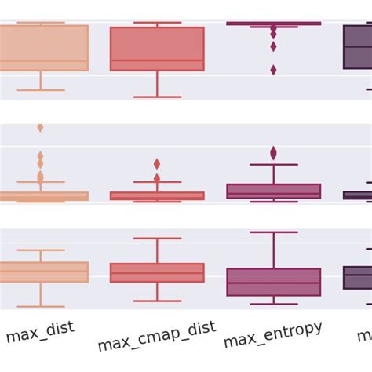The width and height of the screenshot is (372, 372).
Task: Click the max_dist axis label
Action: (x=40, y=332)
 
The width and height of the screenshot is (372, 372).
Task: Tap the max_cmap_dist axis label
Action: (x=156, y=336)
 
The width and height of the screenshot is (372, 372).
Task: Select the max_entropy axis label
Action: (x=272, y=334)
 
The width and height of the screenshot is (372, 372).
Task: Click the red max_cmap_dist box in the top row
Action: (x=157, y=49)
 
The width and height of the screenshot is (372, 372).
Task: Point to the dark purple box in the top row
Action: (x=358, y=46)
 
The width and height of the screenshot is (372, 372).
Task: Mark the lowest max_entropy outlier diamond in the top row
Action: (x=273, y=70)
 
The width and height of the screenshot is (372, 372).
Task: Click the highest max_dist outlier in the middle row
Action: (x=40, y=128)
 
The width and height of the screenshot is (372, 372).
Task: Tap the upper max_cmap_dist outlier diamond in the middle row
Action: (x=157, y=164)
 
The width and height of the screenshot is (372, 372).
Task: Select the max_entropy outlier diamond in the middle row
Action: (x=273, y=152)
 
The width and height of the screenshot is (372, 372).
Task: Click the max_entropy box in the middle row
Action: (x=273, y=191)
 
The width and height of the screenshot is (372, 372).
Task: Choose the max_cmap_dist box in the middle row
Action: (x=157, y=195)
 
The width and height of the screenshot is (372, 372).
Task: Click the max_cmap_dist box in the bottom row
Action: (x=157, y=272)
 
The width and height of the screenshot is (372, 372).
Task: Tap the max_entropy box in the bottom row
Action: (x=273, y=282)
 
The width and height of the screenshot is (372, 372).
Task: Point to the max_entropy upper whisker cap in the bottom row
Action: (x=273, y=232)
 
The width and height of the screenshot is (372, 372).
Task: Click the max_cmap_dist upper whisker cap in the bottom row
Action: (x=157, y=238)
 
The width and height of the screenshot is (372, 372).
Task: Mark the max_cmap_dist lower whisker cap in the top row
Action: (x=157, y=97)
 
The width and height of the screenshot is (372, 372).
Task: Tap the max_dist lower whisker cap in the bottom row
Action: (x=41, y=305)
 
